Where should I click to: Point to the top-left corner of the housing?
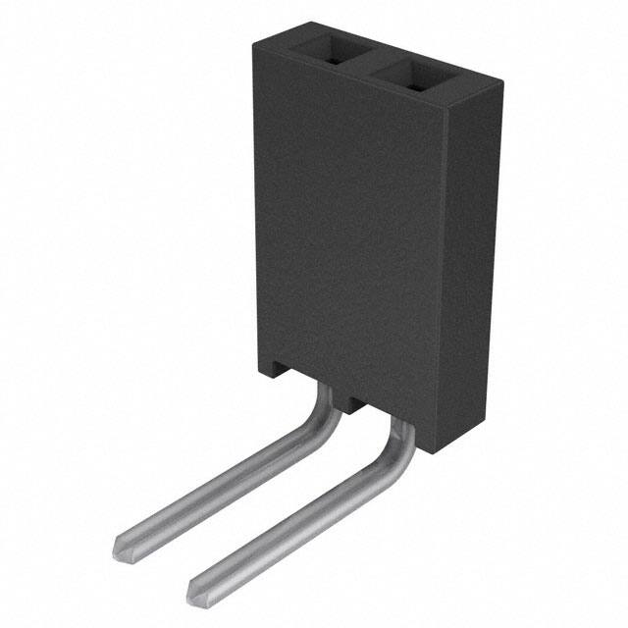point(255,41)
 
